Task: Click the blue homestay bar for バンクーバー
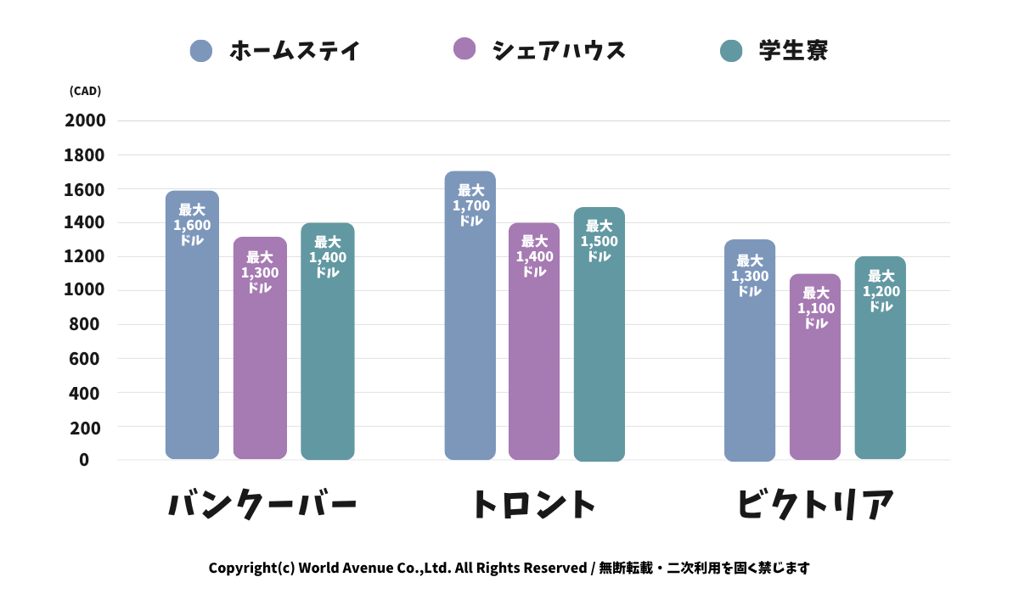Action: tap(192, 339)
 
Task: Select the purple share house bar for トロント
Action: tap(534, 356)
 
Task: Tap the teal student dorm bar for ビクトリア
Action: tap(880, 373)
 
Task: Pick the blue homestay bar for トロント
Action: tap(470, 331)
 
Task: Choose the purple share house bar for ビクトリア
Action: tap(815, 382)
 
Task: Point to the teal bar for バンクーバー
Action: tap(327, 356)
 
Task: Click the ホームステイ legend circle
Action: tap(201, 51)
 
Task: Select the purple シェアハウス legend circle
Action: tap(464, 49)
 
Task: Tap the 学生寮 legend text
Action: tap(793, 51)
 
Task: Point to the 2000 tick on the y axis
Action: tap(85, 120)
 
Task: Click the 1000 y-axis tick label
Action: tap(85, 290)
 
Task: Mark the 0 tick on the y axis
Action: tap(84, 460)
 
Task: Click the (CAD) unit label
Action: tap(85, 92)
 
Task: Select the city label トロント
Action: tap(534, 504)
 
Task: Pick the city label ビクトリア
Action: tap(815, 504)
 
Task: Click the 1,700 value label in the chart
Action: tap(470, 205)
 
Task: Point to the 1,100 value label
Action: tap(815, 308)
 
